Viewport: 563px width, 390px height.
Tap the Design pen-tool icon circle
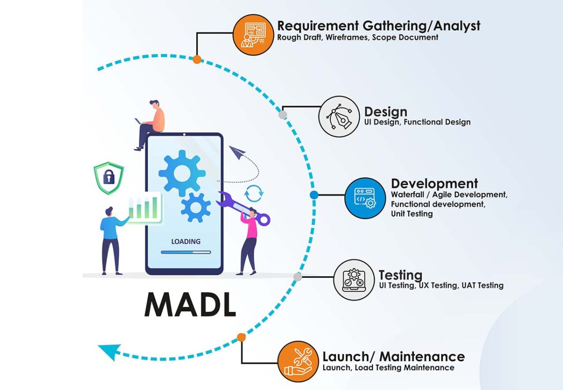(339, 116)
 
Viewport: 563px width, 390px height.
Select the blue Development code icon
(365, 197)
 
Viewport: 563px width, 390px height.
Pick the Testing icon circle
(354, 279)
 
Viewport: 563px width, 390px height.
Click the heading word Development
(434, 183)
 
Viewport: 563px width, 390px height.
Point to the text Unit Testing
(411, 214)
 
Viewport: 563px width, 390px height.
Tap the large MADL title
(190, 305)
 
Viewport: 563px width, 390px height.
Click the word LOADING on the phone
(185, 241)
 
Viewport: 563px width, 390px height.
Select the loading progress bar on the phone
(185, 252)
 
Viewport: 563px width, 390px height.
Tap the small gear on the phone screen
(195, 207)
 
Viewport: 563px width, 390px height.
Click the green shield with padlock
(108, 178)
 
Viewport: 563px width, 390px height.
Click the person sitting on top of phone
(150, 123)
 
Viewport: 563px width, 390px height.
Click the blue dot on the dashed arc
(314, 195)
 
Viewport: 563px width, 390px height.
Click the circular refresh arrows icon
(254, 192)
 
